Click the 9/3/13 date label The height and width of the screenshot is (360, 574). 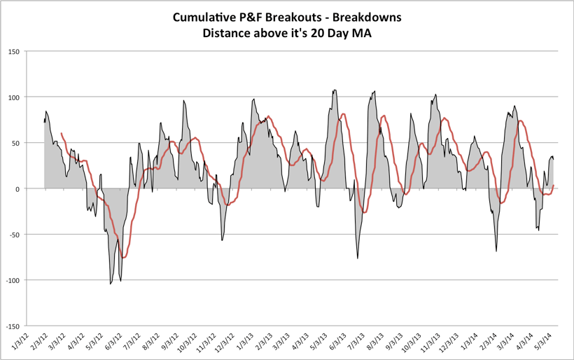(401, 342)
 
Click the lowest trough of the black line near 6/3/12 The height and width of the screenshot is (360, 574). (111, 284)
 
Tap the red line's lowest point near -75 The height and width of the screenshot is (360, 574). (124, 258)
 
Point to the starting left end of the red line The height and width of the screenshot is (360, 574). (62, 133)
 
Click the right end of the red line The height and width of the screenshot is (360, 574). (554, 186)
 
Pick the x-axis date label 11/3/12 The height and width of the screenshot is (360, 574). (199, 342)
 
